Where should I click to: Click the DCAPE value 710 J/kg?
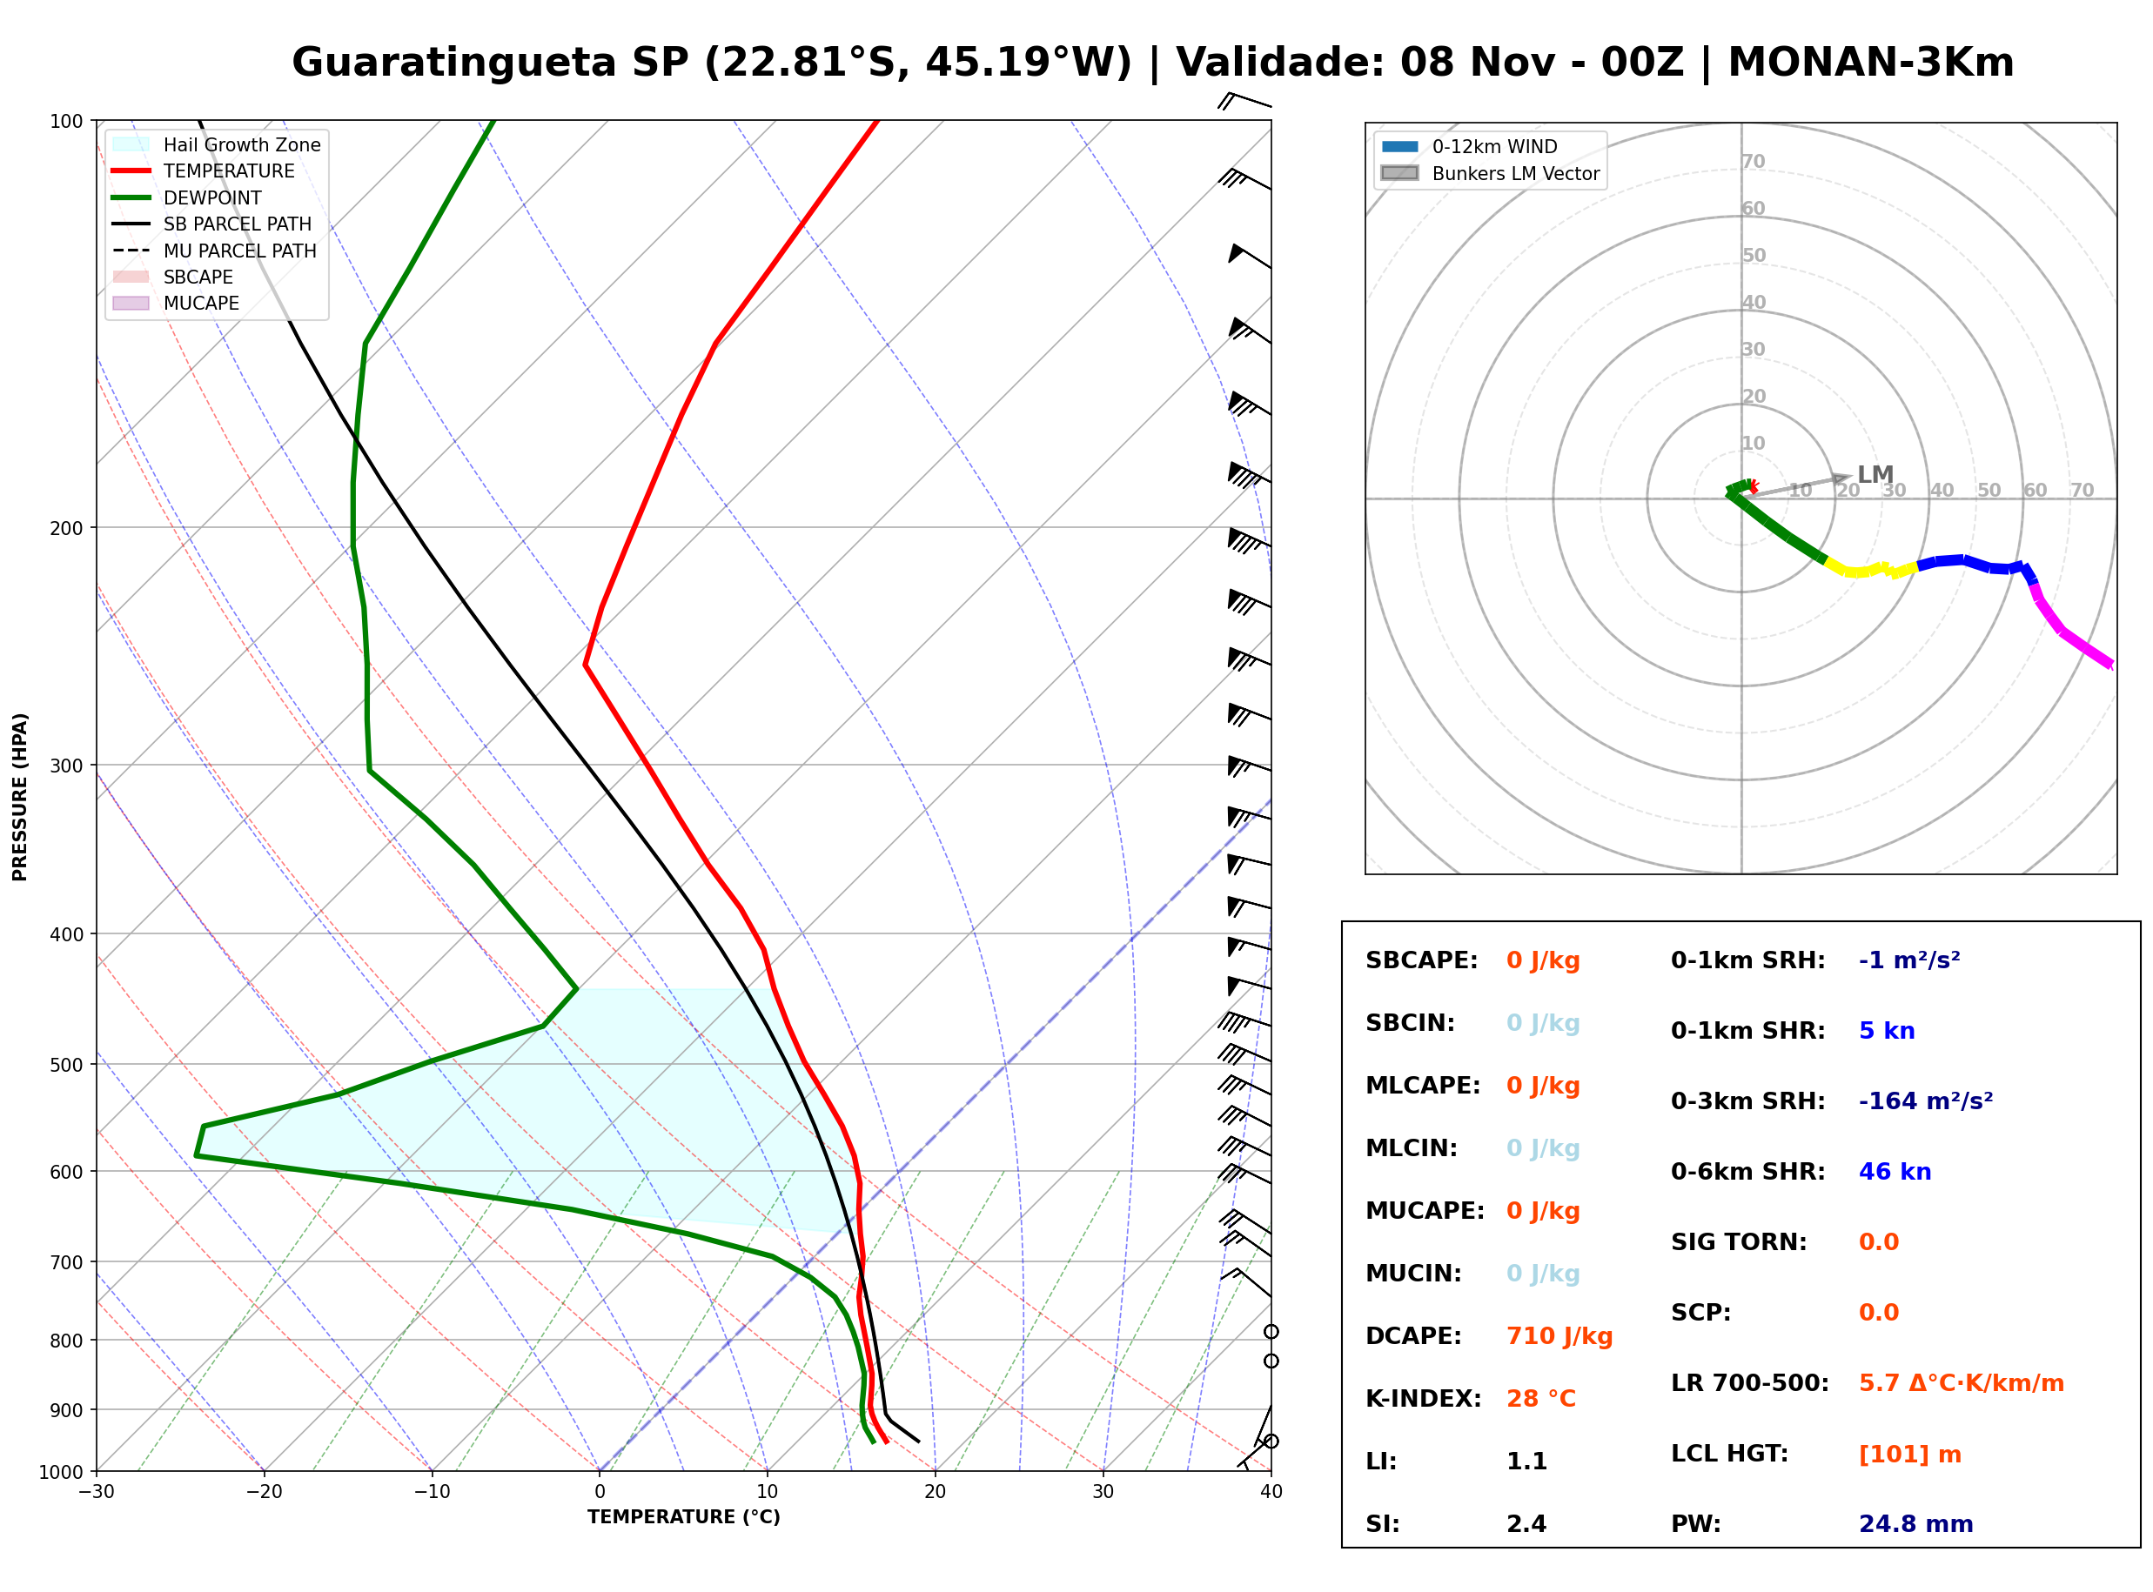1559,1336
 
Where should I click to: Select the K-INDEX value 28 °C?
1541,1399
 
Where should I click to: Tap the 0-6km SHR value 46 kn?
1895,1172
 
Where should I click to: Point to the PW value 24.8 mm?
1916,1524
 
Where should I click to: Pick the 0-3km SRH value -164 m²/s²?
1926,1100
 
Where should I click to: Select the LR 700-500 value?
1962,1384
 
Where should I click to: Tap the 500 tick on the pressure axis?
68,1065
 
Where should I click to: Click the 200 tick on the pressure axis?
68,528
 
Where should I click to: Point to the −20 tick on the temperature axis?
263,1493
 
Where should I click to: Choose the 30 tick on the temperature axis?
1103,1493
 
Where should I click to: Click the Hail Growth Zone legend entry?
217,144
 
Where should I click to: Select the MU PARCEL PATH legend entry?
215,251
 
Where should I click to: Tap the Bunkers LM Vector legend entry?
1490,173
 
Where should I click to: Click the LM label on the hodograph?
1875,475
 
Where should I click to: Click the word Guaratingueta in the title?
453,64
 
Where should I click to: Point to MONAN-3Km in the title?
1871,64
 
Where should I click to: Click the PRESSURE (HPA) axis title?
20,797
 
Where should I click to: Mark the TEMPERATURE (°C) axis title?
684,1518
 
